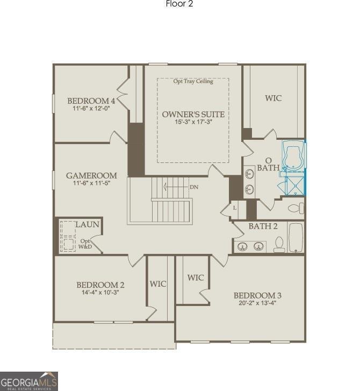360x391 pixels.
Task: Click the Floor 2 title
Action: pos(179,4)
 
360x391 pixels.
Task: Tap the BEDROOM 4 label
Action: pos(91,101)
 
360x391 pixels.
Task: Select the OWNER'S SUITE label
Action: pos(193,115)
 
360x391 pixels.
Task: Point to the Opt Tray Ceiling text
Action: pos(193,82)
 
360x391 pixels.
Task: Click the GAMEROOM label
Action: pos(91,175)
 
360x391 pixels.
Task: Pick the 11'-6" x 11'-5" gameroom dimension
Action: pos(91,183)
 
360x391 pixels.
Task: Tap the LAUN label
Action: pos(87,224)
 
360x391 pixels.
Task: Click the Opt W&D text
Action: pos(85,244)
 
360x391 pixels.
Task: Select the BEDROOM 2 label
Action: pos(100,285)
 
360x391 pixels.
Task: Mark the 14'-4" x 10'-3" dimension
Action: pos(100,293)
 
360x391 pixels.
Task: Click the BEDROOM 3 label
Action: pos(257,295)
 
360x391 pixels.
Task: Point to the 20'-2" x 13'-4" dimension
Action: pos(257,303)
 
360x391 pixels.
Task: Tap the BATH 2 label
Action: pos(263,226)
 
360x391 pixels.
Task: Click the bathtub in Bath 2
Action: pos(296,237)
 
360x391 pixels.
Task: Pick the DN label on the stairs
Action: pos(194,187)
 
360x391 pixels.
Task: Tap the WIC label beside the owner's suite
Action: pos(273,98)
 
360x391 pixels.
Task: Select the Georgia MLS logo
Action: pos(28,381)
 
